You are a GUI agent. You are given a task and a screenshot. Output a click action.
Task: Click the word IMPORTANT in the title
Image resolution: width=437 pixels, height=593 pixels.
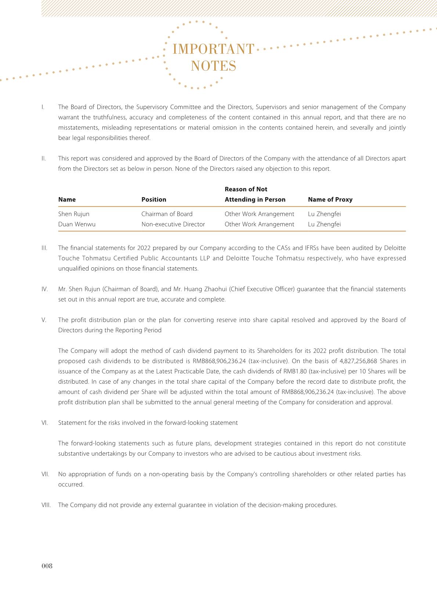pyautogui.click(x=213, y=49)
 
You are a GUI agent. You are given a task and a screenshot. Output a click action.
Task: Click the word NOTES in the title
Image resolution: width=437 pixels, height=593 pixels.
pyautogui.click(x=213, y=66)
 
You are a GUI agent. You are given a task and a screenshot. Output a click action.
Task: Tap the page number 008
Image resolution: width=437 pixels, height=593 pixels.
pyautogui.click(x=47, y=566)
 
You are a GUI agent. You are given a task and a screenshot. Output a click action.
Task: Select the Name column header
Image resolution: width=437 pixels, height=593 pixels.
pyautogui.click(x=67, y=199)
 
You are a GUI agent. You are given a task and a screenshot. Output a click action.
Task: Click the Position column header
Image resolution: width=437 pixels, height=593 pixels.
pyautogui.click(x=154, y=199)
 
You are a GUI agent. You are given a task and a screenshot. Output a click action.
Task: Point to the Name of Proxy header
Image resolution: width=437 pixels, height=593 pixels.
pyautogui.click(x=330, y=199)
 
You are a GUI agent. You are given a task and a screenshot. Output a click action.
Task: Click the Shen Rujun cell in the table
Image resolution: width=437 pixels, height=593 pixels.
pyautogui.click(x=74, y=214)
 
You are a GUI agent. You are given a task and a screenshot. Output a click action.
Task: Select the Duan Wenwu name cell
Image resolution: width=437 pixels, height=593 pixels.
pyautogui.click(x=77, y=224)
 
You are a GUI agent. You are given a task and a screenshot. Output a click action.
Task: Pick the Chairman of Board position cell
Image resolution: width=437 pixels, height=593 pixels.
pyautogui.click(x=167, y=214)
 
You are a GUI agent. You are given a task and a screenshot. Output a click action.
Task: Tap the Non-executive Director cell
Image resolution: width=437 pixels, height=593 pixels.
pyautogui.click(x=173, y=224)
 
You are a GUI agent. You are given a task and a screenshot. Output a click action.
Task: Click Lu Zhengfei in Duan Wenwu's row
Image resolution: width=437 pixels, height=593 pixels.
pyautogui.click(x=324, y=224)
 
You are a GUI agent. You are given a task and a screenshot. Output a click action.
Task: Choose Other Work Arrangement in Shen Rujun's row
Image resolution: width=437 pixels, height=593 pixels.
pyautogui.click(x=259, y=214)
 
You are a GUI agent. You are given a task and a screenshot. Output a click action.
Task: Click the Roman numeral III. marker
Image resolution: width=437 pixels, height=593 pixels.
pyautogui.click(x=44, y=248)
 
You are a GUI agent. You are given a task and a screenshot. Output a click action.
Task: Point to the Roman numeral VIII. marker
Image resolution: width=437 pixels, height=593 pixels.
pyautogui.click(x=46, y=505)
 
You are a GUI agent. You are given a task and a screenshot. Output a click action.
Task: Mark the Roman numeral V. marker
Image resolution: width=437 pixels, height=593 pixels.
pyautogui.click(x=44, y=320)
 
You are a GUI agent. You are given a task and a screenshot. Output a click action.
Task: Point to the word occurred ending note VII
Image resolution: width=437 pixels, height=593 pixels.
pyautogui.click(x=71, y=484)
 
